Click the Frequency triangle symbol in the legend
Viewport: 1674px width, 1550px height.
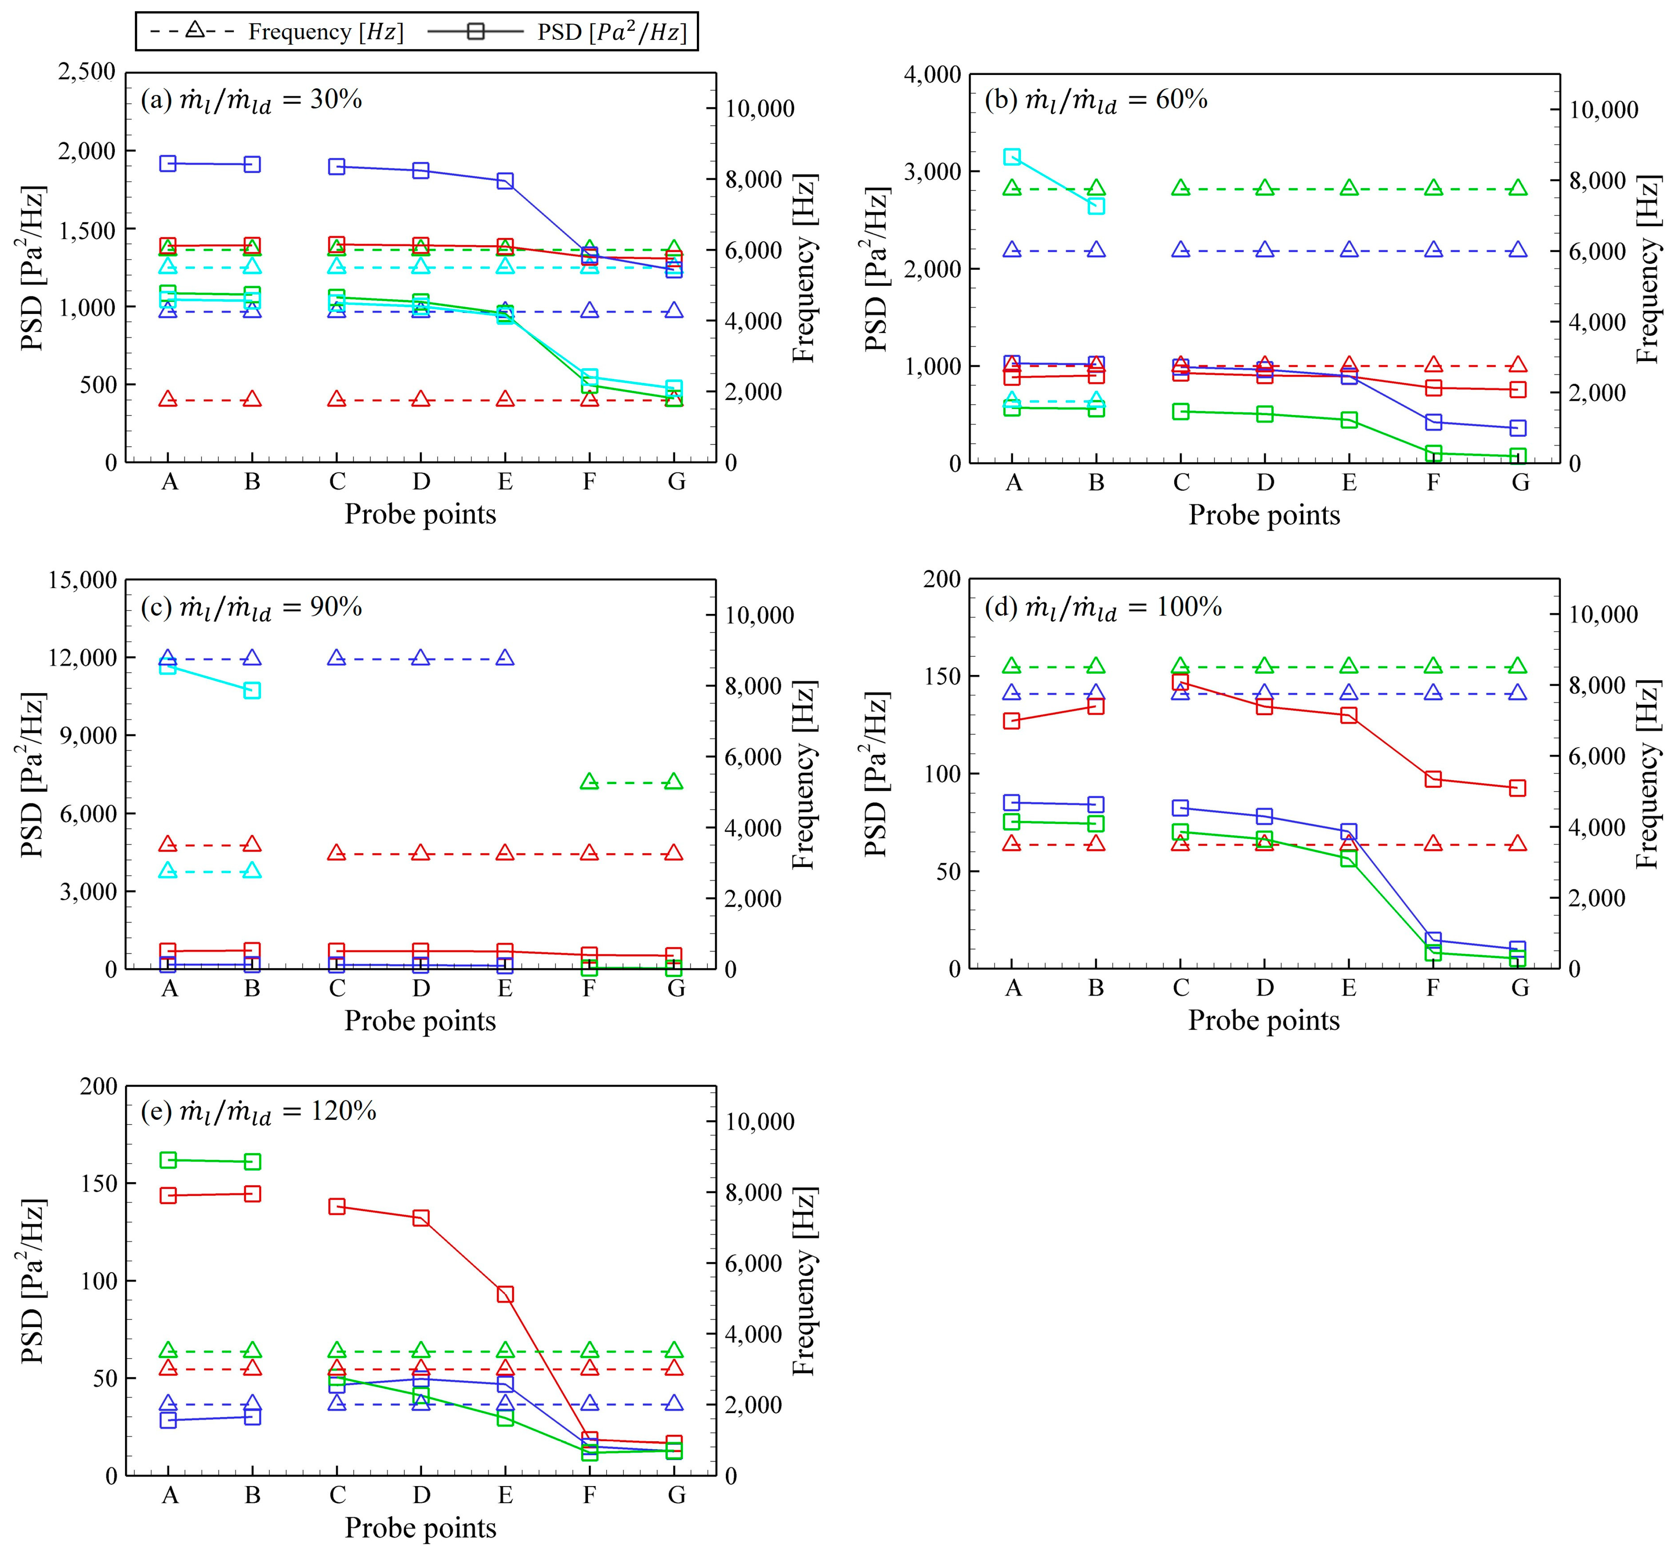point(195,31)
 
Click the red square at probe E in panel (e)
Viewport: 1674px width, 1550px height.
point(505,1294)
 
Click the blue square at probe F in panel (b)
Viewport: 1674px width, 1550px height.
point(1433,422)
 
